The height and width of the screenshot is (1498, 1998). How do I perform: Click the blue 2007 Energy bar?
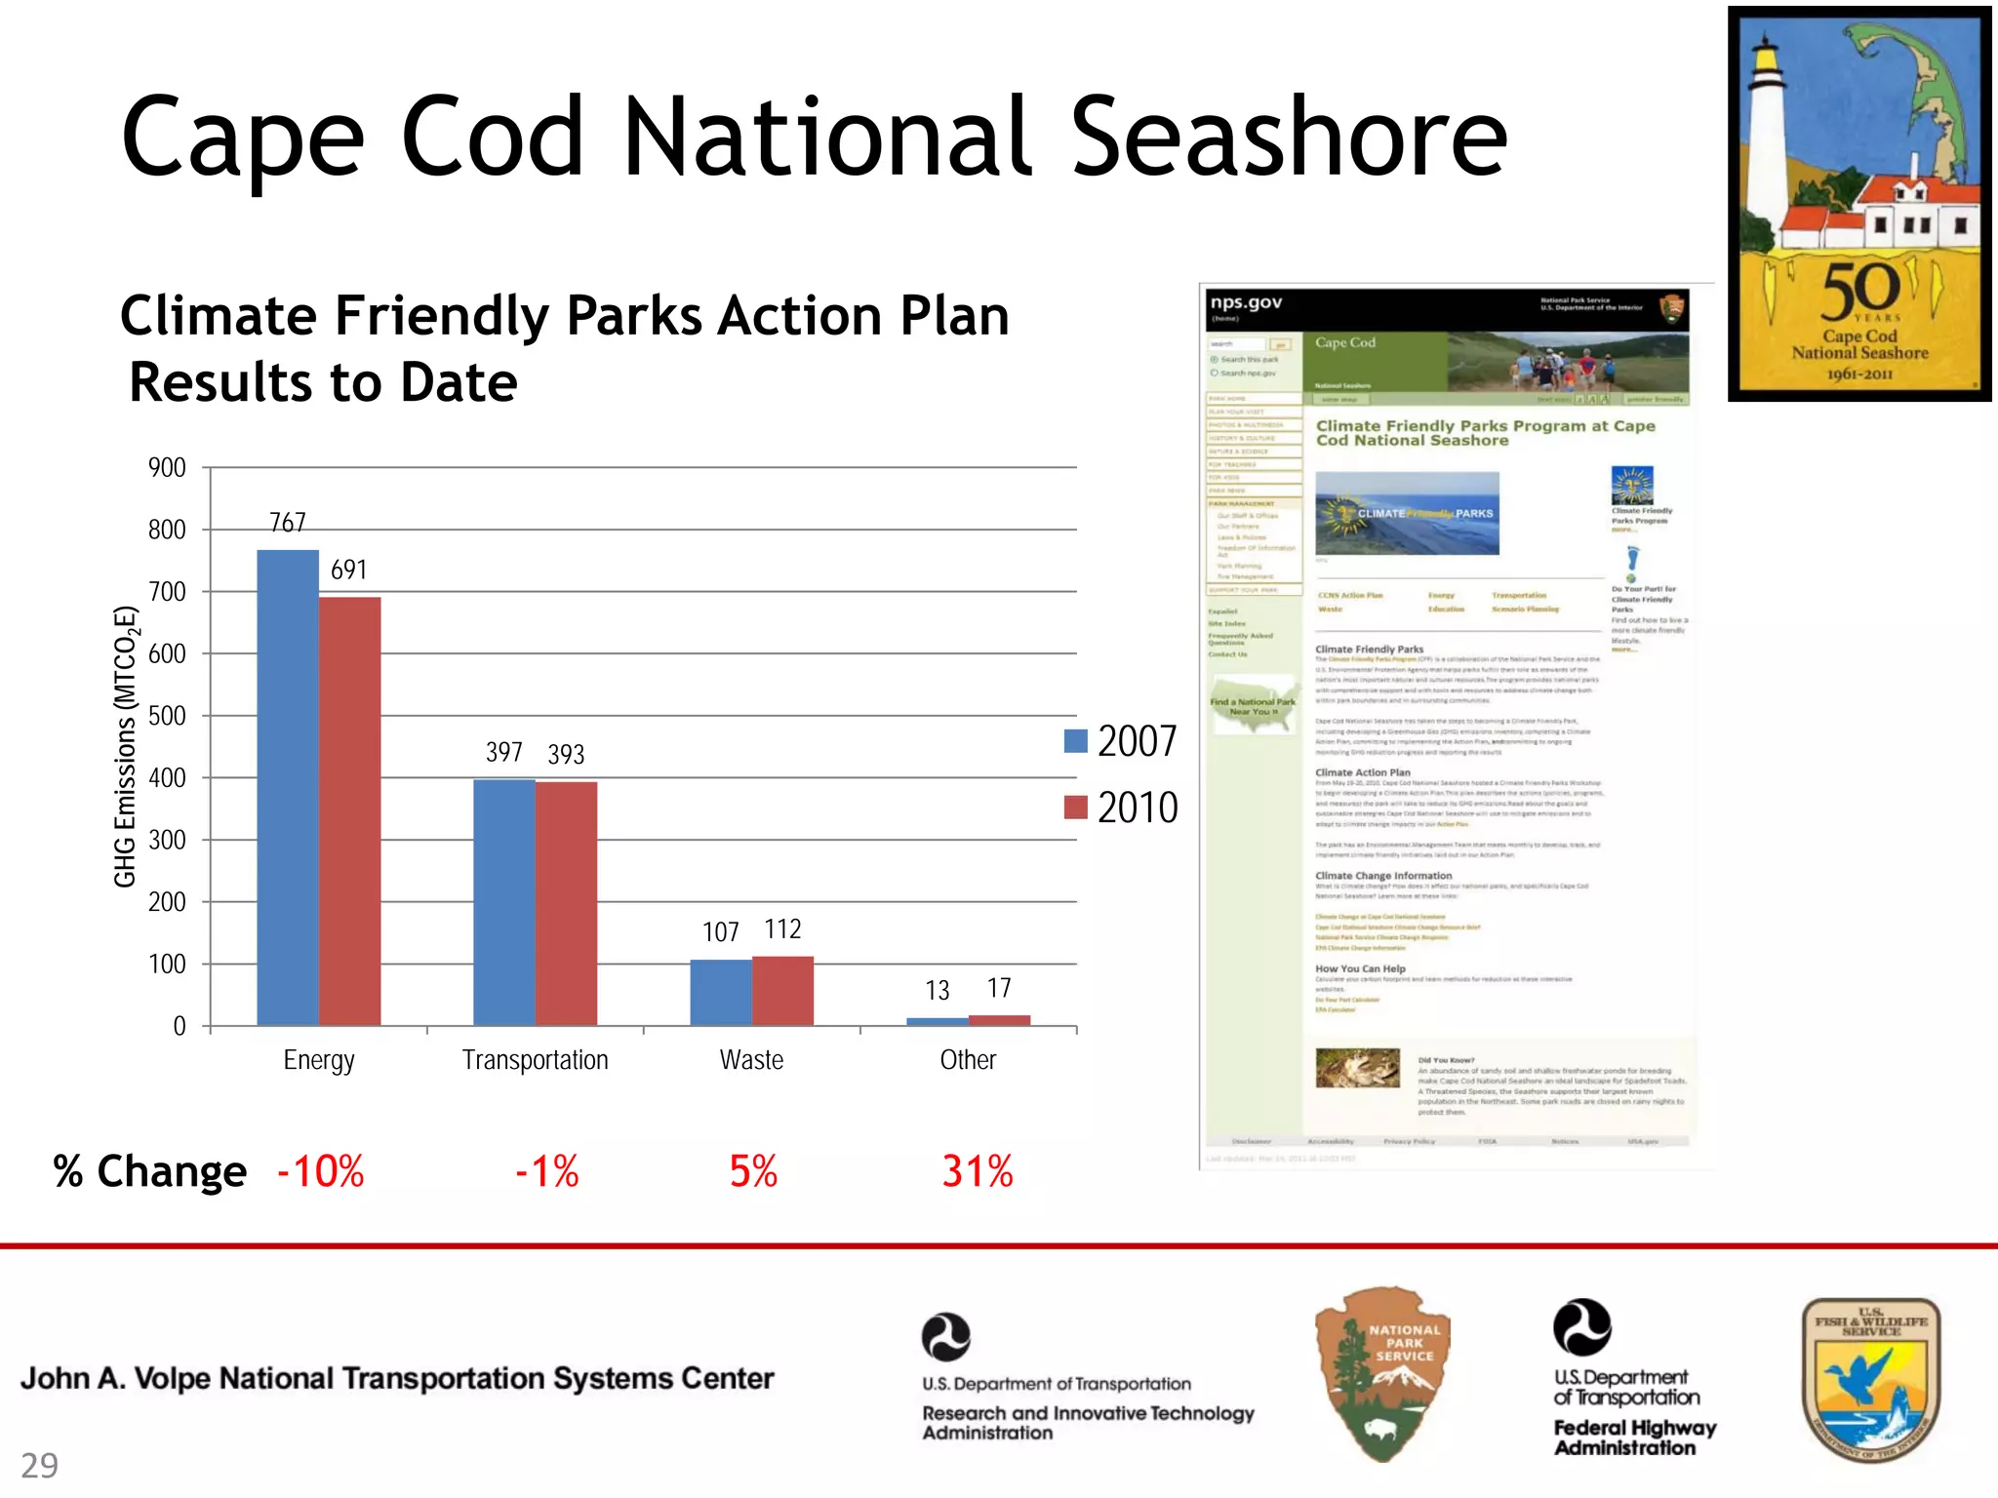288,787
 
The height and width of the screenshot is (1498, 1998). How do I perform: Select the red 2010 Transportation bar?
566,903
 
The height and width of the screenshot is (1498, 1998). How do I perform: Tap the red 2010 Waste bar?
782,991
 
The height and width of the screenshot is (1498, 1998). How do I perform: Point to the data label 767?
288,523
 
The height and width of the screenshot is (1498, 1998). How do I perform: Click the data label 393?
566,754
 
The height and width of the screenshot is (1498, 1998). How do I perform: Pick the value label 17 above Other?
999,988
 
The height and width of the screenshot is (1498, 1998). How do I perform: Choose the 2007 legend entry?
1122,741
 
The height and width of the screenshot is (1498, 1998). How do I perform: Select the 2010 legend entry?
1122,808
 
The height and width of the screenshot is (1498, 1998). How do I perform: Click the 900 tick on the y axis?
167,467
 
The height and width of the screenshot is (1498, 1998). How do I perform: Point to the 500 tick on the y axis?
167,716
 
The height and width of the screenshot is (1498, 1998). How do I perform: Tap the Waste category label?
751,1060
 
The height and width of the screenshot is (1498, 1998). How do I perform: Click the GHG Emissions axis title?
126,747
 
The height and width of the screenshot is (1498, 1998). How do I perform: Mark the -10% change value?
321,1171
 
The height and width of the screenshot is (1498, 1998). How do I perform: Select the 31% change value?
978,1171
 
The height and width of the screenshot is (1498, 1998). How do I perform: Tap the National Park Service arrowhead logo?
1383,1373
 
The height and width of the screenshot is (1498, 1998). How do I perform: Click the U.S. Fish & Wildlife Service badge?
1870,1379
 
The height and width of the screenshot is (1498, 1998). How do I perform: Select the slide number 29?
39,1465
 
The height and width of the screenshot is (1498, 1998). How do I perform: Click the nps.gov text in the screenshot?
1246,302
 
